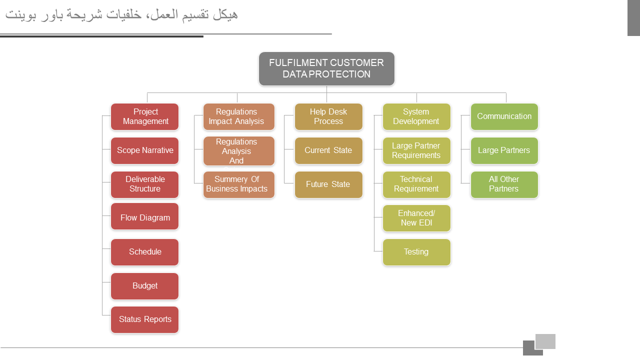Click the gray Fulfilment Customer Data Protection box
coord(326,69)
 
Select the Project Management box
coord(145,116)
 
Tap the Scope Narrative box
coord(145,150)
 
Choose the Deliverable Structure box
coord(145,184)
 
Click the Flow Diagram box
coord(145,216)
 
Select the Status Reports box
coord(145,320)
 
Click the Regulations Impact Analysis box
coord(239,116)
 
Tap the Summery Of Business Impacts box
coord(239,184)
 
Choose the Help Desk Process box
coord(328,116)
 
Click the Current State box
coord(328,150)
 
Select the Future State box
coord(328,184)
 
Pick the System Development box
coord(416,116)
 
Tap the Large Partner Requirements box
coord(416,150)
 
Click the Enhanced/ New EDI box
coord(416,218)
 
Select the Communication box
coord(504,116)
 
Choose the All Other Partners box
coord(504,184)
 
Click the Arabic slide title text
coord(121,15)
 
